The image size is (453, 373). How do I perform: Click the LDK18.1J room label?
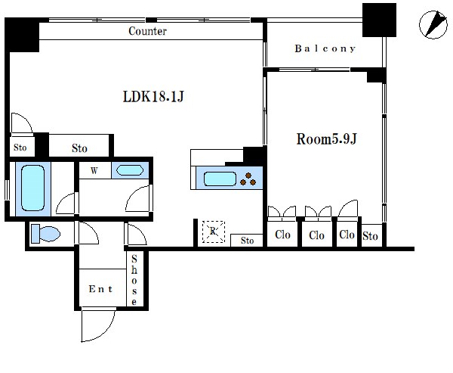tap(153, 96)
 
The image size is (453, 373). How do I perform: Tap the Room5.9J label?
tap(327, 139)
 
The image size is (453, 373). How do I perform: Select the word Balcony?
tap(325, 48)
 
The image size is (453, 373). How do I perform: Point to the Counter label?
tap(147, 31)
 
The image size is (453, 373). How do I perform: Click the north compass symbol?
tap(433, 25)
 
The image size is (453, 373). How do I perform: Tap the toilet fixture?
tap(45, 234)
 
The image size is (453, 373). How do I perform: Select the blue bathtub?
tap(33, 188)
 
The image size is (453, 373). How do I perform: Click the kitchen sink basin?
tap(220, 179)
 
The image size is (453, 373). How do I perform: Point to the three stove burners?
tap(248, 179)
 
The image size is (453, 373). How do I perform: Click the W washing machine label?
tap(94, 170)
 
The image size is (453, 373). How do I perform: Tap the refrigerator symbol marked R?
tap(214, 232)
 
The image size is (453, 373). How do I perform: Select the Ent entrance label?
tap(100, 289)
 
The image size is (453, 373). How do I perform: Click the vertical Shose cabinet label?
tap(134, 280)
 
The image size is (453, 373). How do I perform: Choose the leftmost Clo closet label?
tap(282, 235)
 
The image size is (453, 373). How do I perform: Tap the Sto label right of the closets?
tap(370, 236)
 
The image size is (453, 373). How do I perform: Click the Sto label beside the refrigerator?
tap(248, 241)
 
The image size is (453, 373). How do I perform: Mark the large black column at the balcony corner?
tap(379, 20)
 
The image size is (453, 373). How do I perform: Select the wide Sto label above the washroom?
tap(79, 148)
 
